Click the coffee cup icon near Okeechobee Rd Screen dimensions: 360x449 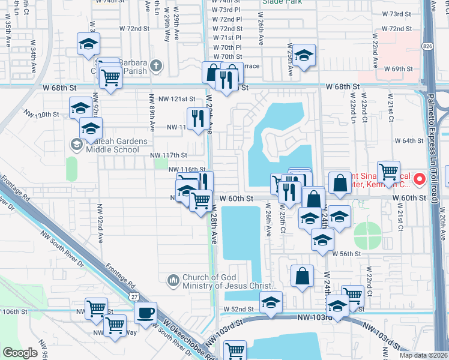point(145,313)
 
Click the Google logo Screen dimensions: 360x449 point(20,353)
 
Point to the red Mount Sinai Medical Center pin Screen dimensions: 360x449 point(420,179)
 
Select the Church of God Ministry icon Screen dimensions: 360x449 point(173,280)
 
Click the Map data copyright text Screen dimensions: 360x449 point(423,355)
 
